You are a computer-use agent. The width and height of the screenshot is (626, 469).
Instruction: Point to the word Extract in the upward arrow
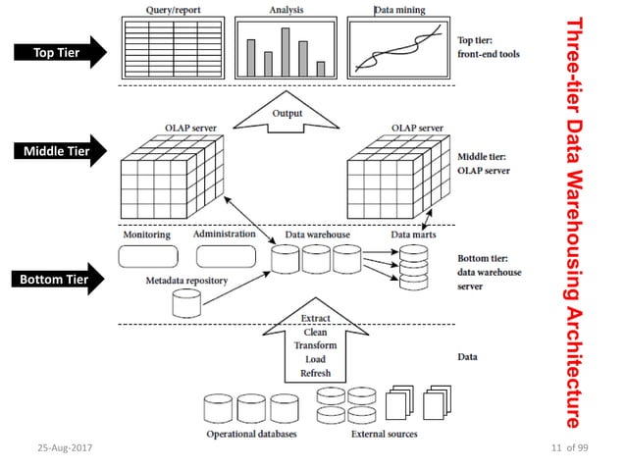[x=315, y=317]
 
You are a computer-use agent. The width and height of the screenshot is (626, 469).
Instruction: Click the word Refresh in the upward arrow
[x=315, y=373]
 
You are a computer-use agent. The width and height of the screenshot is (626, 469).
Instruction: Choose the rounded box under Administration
[x=225, y=257]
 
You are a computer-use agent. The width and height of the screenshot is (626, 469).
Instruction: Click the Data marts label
[x=413, y=235]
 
